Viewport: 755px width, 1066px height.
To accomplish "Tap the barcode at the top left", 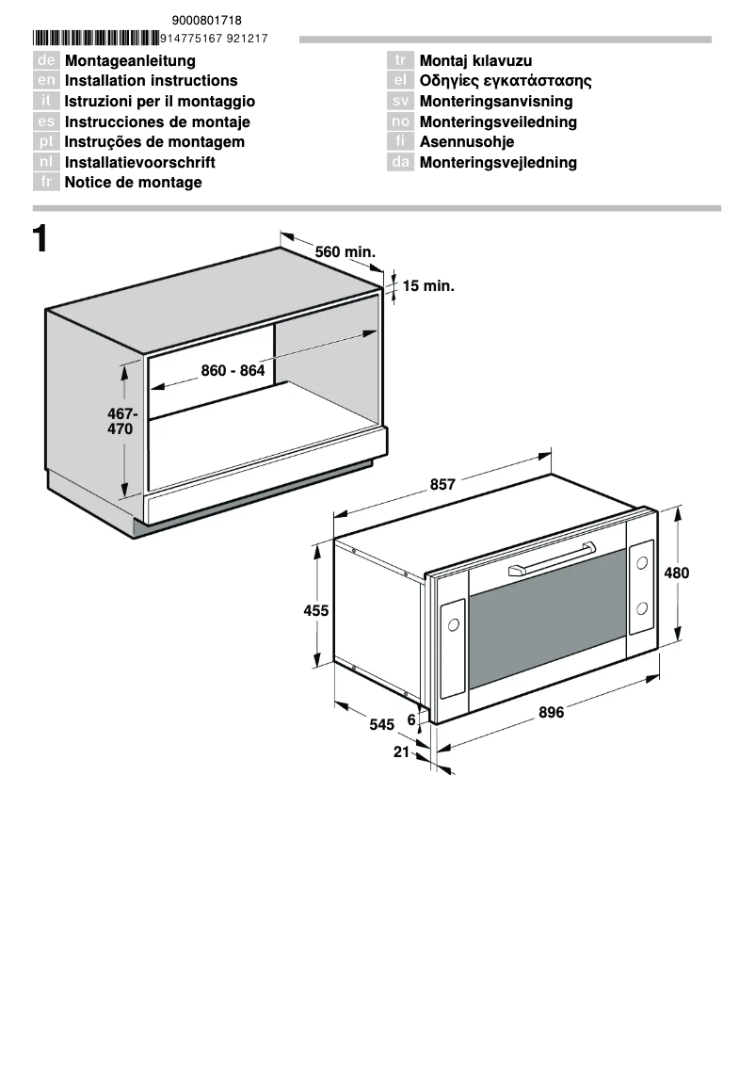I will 95,39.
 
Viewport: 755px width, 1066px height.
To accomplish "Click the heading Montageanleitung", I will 130,61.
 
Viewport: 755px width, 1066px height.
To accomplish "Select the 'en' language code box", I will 47,81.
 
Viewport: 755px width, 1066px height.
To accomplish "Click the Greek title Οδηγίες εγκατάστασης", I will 506,81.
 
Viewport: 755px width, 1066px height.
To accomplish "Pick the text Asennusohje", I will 467,142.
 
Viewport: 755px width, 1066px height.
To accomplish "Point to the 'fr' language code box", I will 47,183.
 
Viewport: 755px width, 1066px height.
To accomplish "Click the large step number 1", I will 40,239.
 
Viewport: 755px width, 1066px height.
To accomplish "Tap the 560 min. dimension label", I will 345,252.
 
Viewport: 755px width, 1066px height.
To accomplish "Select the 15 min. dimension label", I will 428,285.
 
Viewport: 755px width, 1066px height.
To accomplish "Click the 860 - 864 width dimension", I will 233,371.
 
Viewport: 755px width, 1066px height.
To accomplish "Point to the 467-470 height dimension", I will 121,421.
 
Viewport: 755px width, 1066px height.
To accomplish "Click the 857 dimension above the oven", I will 442,485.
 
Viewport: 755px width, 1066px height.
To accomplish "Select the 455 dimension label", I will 316,610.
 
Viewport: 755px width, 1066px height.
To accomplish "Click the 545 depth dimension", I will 381,724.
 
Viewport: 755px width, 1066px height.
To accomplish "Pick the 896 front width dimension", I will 552,713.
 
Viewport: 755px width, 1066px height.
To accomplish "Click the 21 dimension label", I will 402,751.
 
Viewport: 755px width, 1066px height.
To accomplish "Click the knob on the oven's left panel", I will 454,624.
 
